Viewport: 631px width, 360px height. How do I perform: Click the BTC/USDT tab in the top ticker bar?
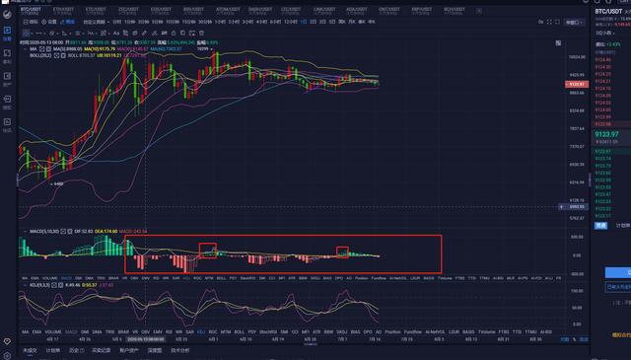pos(36,9)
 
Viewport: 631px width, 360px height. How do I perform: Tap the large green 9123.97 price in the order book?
pos(608,133)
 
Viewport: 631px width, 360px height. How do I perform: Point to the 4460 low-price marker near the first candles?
pos(58,183)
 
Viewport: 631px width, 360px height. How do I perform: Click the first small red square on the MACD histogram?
pos(207,251)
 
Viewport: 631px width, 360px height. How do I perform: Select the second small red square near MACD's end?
pos(342,252)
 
